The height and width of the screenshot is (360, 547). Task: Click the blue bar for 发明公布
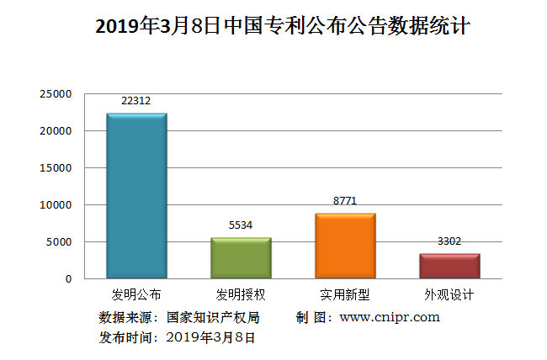(136, 195)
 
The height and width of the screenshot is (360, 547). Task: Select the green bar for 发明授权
(241, 257)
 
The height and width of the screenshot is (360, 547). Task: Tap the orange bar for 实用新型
(345, 246)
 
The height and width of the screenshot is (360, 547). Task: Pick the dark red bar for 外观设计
(449, 266)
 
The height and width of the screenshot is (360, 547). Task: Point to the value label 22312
(136, 101)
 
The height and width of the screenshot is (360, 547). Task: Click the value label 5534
(241, 225)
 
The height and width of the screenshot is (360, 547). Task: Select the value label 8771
(345, 202)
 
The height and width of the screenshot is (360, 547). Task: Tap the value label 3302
(449, 241)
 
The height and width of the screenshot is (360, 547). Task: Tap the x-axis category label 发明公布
(136, 295)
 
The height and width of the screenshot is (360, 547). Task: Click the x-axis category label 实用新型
(345, 295)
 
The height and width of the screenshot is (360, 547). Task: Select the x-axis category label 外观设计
(449, 295)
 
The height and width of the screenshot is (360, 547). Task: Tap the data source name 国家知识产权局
(213, 317)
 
